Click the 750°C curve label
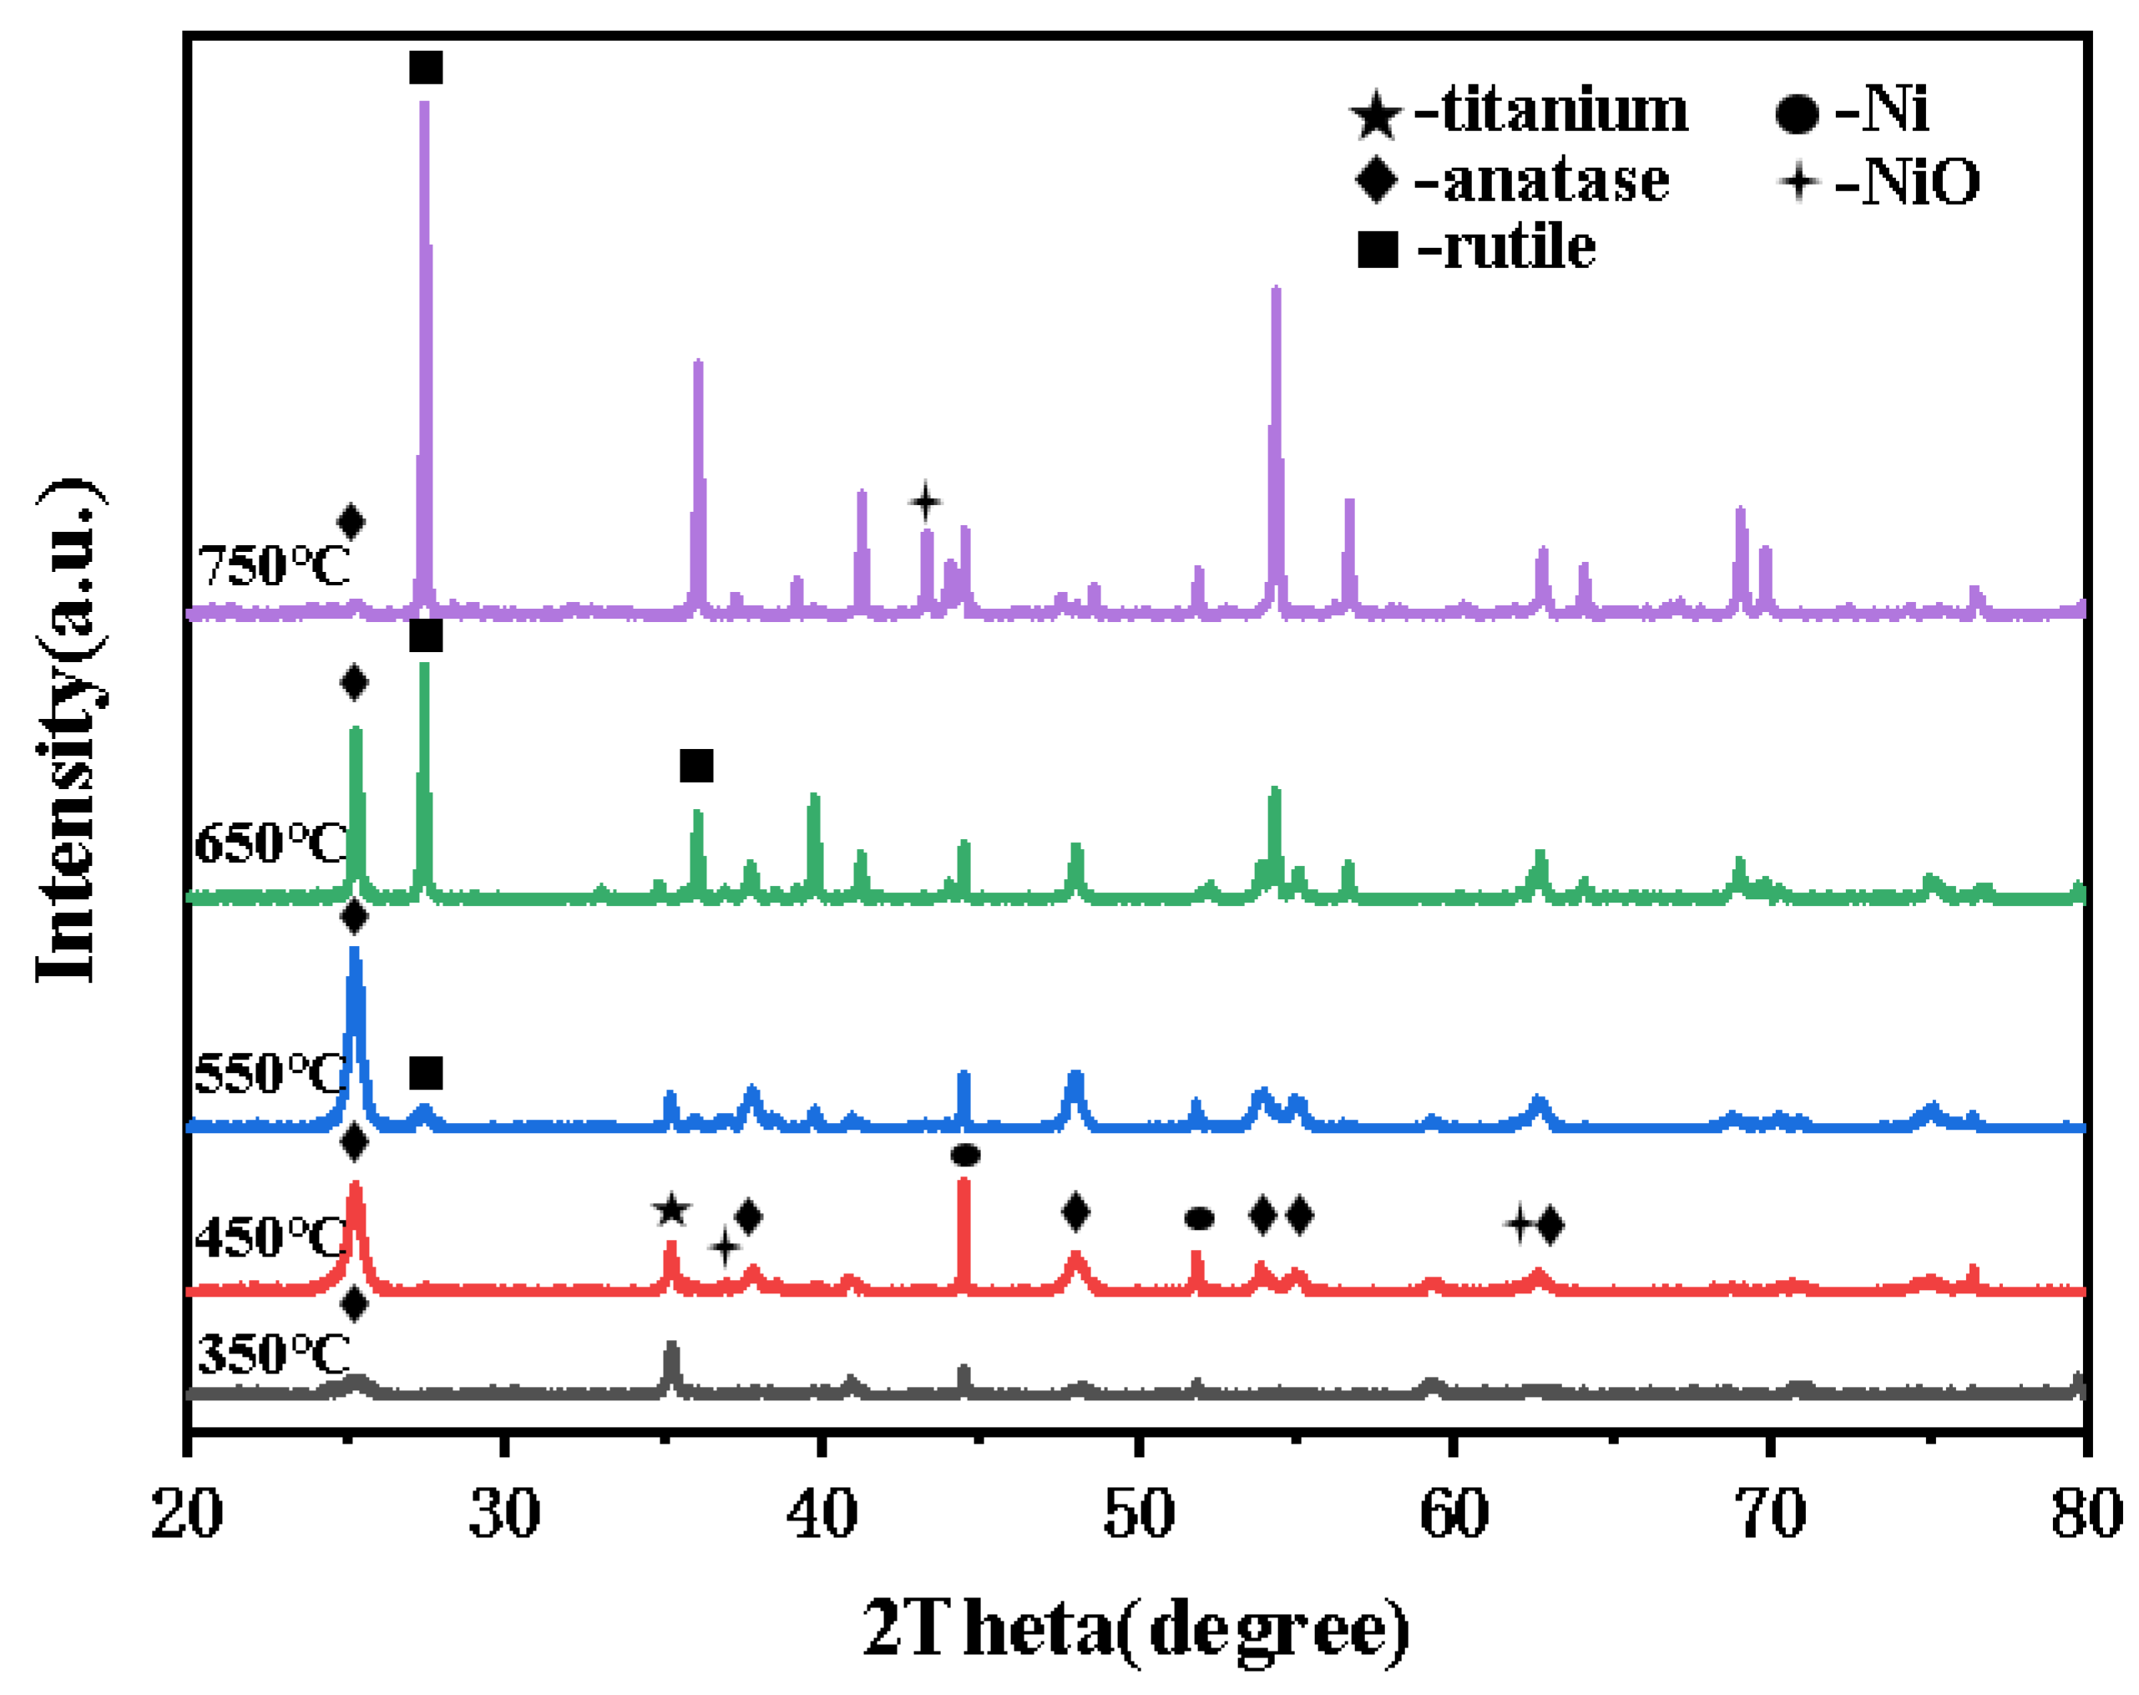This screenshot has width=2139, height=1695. click(273, 567)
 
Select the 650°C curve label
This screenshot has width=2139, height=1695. click(270, 843)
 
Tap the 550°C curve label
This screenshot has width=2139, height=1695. click(270, 1073)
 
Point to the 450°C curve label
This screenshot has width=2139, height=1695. click(270, 1237)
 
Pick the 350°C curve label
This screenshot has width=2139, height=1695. click(273, 1353)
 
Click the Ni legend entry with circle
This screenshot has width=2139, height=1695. click(1851, 110)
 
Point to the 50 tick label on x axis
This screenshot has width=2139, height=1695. click(1139, 1515)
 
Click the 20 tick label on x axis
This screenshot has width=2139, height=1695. click(188, 1515)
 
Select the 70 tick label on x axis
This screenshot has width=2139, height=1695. click(1772, 1515)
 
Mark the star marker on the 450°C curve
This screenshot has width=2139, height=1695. click(671, 1211)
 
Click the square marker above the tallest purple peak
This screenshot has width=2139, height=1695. click(426, 68)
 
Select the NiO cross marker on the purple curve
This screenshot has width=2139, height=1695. click(925, 501)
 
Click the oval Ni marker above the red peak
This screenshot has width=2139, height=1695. click(965, 1154)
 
